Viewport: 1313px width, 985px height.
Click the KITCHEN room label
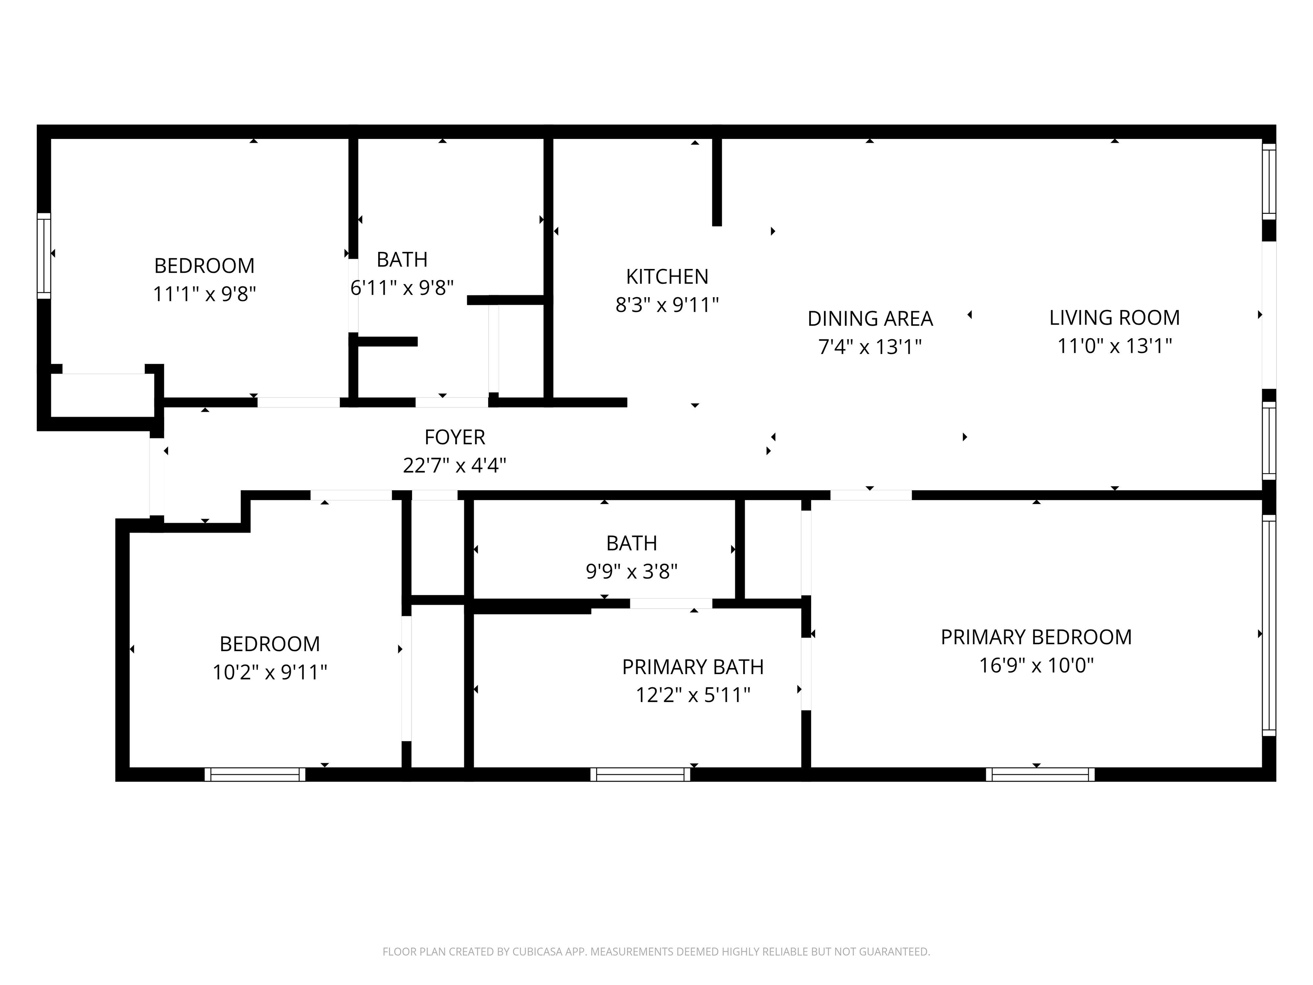(x=667, y=277)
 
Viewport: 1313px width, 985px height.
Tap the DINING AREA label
(x=870, y=319)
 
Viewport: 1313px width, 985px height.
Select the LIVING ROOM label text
(x=1115, y=318)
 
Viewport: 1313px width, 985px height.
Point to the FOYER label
(x=455, y=438)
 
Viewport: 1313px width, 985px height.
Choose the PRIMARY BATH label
(x=693, y=667)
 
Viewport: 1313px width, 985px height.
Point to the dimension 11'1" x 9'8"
(x=204, y=294)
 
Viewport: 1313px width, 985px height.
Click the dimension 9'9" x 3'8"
(x=632, y=572)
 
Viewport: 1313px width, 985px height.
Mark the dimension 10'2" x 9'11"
(x=270, y=672)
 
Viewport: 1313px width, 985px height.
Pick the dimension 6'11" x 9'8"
(x=402, y=288)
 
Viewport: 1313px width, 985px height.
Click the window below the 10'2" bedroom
(x=255, y=774)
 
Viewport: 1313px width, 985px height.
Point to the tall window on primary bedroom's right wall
(x=1269, y=625)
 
